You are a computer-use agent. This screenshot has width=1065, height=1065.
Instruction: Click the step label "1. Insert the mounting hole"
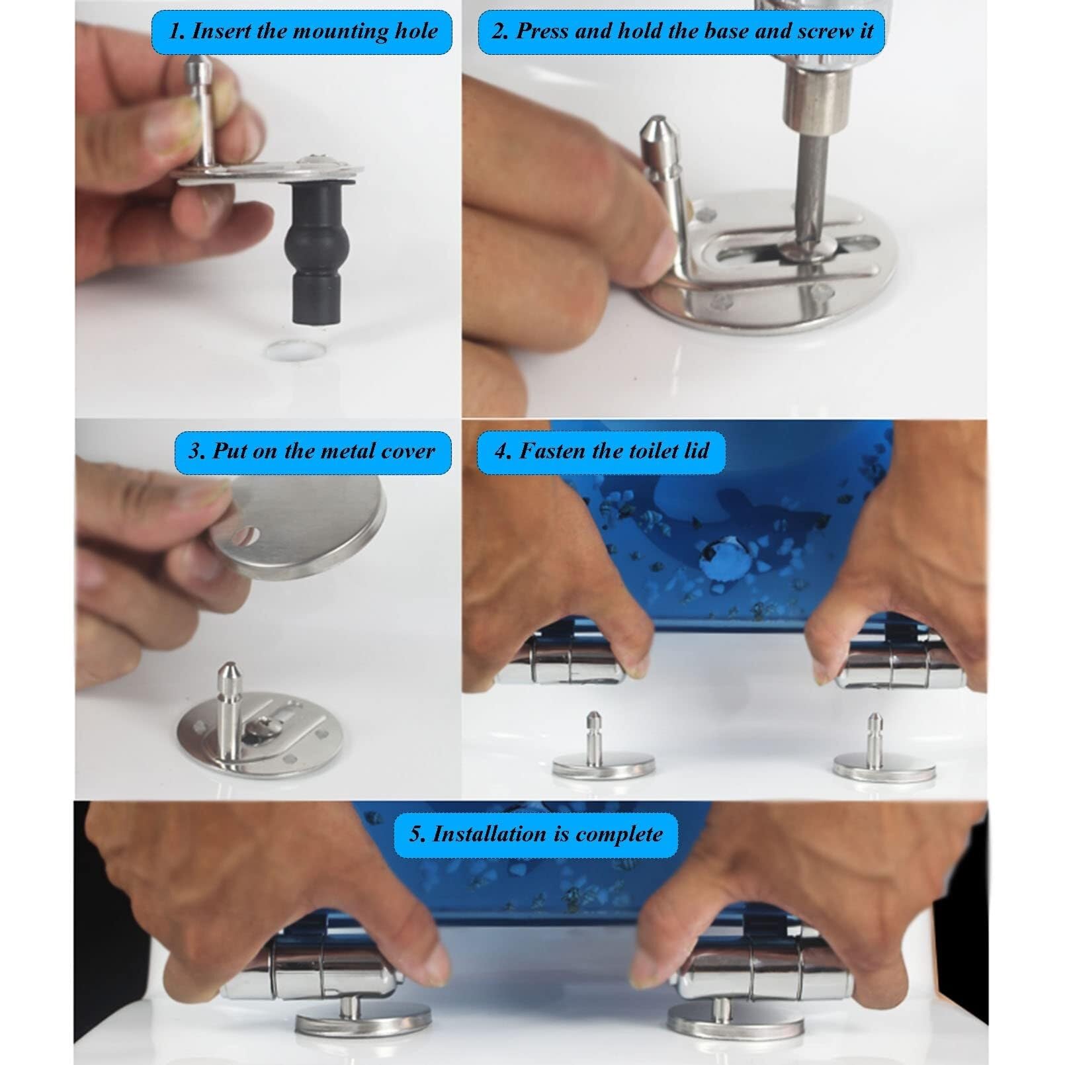[x=302, y=31]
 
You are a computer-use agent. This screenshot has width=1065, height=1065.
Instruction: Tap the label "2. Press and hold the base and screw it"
[x=681, y=31]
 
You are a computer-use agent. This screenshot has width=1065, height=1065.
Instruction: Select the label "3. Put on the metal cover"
[x=312, y=452]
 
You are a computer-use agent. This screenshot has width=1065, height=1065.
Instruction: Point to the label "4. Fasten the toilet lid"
[x=601, y=452]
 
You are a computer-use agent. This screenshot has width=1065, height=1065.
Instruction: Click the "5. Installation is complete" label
[x=536, y=833]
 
